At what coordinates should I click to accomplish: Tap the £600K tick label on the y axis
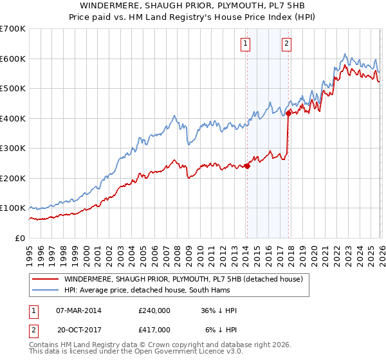13,59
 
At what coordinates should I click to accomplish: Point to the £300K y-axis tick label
13,148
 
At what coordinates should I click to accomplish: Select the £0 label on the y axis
21,238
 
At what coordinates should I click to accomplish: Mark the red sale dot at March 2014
247,166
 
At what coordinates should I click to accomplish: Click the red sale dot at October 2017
288,113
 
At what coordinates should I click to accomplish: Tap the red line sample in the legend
45,280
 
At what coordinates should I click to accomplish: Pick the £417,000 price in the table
154,329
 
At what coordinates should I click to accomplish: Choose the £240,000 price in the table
154,310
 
